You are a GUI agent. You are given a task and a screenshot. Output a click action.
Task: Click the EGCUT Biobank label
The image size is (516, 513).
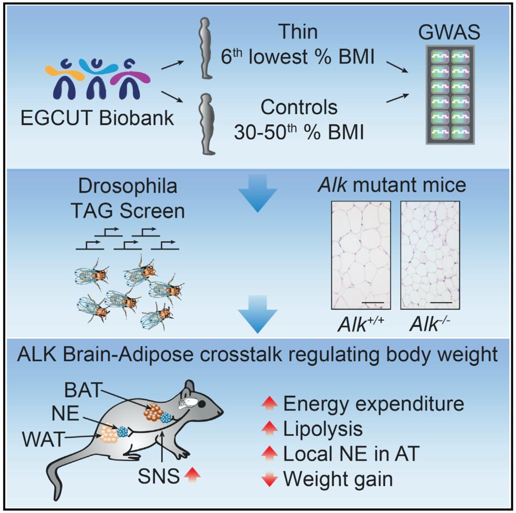click(x=97, y=118)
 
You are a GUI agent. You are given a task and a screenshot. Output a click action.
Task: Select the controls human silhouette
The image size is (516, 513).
click(x=207, y=124)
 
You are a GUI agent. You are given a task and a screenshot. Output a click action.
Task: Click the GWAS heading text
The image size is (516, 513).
click(x=449, y=32)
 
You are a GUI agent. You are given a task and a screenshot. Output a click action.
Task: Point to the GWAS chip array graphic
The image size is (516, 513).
click(x=450, y=95)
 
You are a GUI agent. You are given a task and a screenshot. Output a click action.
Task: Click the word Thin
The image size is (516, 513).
click(x=299, y=32)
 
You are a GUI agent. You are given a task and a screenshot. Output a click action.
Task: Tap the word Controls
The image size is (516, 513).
click(x=299, y=107)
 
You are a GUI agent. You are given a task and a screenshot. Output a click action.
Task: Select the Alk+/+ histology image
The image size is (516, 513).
click(x=361, y=255)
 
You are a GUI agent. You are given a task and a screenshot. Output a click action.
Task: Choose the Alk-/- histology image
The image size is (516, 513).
click(x=430, y=255)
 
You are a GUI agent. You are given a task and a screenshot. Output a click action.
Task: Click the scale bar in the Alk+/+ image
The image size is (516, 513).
click(x=373, y=302)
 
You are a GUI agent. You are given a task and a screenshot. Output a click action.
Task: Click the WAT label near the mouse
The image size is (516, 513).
click(x=43, y=439)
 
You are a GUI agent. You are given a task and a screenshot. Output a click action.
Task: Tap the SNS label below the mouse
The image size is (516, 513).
click(x=159, y=476)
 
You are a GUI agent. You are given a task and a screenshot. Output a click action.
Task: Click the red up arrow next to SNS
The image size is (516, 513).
click(x=192, y=475)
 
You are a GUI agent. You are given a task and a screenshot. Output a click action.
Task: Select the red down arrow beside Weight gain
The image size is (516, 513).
click(x=269, y=479)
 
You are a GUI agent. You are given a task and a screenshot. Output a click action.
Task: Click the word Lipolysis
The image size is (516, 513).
click(x=323, y=429)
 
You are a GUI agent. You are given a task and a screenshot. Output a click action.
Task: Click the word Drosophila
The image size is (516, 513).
click(x=128, y=186)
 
